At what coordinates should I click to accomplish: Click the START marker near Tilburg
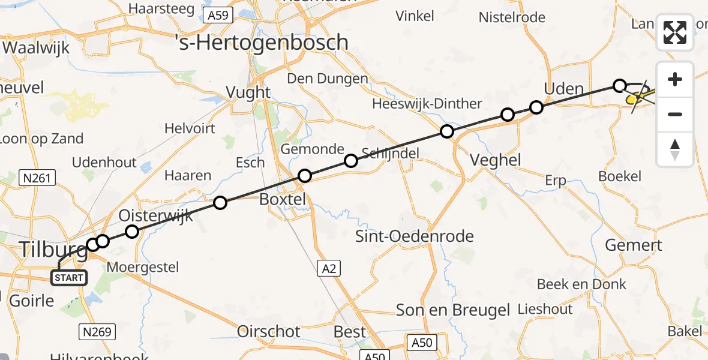(69, 278)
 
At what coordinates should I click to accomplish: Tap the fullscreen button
(675, 32)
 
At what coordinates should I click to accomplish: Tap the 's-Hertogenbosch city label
(261, 42)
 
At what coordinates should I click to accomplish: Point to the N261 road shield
(37, 178)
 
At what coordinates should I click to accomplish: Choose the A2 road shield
(329, 269)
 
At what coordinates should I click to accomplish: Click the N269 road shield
(97, 331)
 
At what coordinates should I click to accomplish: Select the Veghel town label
(495, 160)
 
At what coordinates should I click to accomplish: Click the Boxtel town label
(283, 199)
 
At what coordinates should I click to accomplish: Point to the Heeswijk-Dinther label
(427, 104)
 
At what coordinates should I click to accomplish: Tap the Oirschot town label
(269, 331)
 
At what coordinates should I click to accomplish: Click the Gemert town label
(634, 245)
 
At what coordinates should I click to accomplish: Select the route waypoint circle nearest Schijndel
(351, 160)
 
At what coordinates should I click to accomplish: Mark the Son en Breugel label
(453, 310)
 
